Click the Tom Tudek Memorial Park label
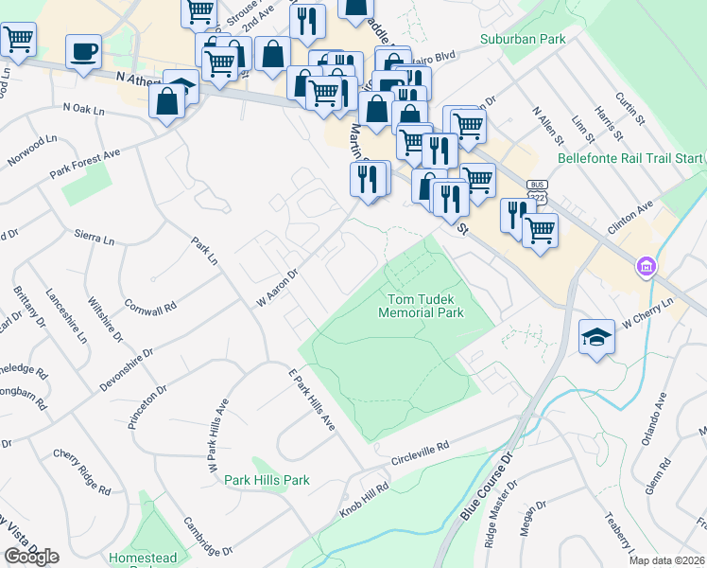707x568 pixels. pos(422,305)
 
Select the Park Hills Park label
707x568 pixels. pos(267,480)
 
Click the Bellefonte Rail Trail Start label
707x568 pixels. pos(631,157)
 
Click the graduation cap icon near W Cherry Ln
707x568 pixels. pos(596,337)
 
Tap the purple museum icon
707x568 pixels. pos(647,267)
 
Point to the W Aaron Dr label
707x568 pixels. pos(277,287)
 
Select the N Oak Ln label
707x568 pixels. pos(82,110)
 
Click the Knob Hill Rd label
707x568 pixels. pos(364,500)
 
